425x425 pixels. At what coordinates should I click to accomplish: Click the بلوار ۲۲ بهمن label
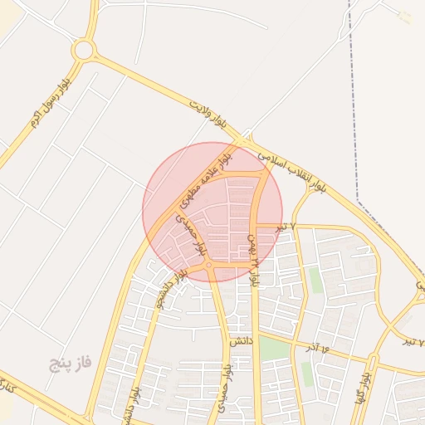(253, 259)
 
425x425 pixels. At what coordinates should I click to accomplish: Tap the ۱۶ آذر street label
(318, 347)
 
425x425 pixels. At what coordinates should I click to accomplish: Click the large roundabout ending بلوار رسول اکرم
(83, 50)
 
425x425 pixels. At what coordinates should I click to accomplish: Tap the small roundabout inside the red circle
(209, 265)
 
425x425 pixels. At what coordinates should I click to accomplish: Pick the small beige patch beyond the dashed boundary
(404, 17)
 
